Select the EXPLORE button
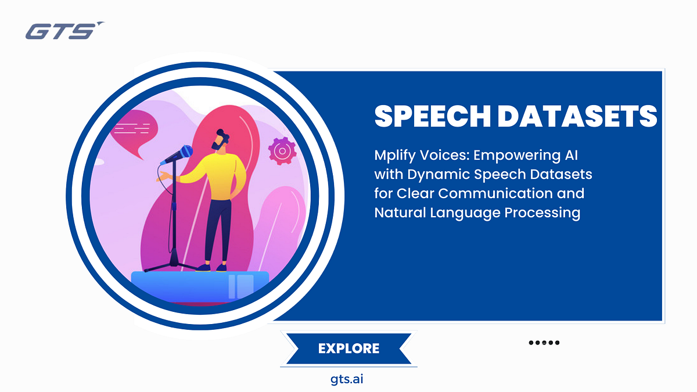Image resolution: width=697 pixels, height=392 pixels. click(348, 348)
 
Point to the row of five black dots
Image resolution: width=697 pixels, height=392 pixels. click(544, 343)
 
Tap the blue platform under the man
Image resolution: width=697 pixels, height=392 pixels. click(200, 285)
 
